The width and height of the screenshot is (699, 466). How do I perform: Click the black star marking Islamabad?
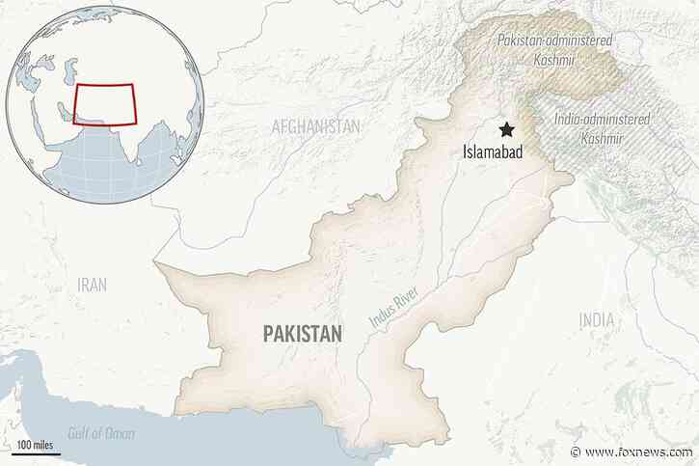tap(503, 131)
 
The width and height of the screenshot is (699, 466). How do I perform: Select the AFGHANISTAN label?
tap(315, 125)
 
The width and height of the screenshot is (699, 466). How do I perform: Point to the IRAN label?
tap(93, 284)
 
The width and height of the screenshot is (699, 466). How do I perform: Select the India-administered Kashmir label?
tap(603, 127)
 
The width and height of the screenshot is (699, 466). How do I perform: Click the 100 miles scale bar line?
tap(40, 452)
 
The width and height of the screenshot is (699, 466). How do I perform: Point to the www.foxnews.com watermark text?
tap(637, 452)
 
